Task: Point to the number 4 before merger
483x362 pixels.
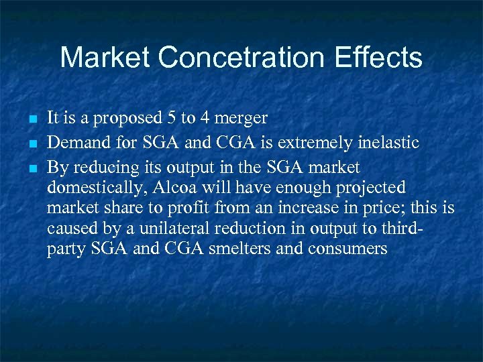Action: [x=203, y=119]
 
